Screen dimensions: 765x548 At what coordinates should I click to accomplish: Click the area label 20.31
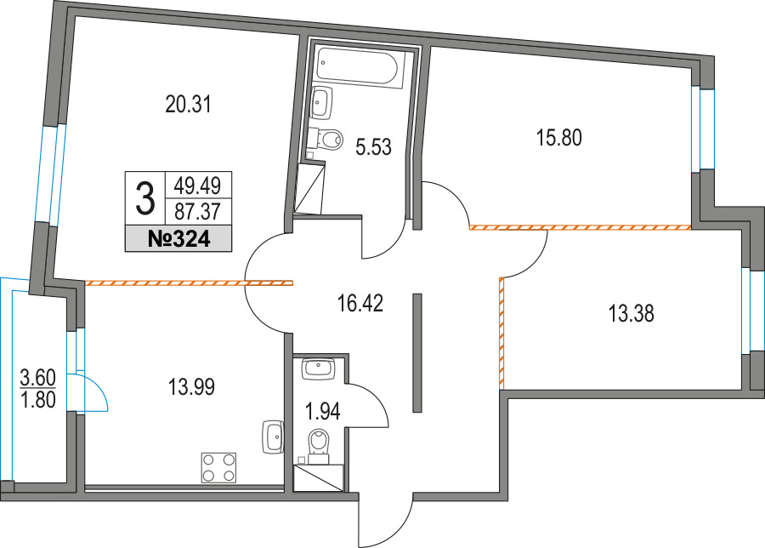click(x=188, y=104)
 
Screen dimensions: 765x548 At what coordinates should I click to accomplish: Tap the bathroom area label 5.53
click(x=374, y=146)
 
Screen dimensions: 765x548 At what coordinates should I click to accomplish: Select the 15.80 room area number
click(x=559, y=138)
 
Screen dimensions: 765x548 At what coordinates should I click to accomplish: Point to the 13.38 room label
click(x=632, y=313)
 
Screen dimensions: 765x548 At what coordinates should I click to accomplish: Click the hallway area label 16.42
click(x=360, y=303)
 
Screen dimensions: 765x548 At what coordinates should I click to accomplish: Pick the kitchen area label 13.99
click(x=192, y=387)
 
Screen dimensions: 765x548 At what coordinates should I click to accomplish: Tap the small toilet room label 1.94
click(x=322, y=412)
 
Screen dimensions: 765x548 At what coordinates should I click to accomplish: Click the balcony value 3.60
click(x=37, y=378)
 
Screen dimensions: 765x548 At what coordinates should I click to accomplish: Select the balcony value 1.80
click(x=37, y=400)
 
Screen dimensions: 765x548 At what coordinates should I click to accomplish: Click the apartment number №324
click(x=178, y=239)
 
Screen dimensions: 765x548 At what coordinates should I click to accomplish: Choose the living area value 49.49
click(x=198, y=186)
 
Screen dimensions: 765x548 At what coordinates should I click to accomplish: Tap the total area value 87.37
click(x=198, y=212)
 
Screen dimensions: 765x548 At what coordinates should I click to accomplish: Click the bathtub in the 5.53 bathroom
click(x=361, y=67)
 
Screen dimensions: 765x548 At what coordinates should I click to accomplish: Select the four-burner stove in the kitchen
click(x=218, y=468)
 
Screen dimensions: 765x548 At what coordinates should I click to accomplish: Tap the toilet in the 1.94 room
click(x=319, y=445)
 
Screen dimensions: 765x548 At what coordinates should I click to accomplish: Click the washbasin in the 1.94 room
click(x=318, y=368)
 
